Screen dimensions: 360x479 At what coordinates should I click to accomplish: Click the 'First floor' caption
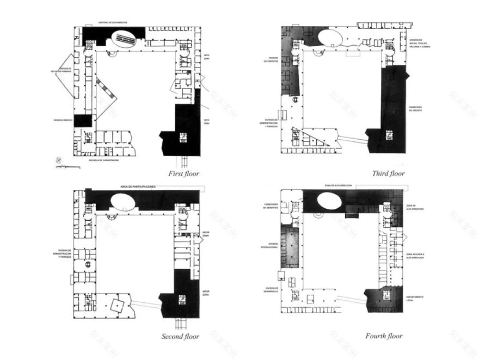(x=183, y=173)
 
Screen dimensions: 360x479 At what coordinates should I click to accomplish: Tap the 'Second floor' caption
(x=180, y=337)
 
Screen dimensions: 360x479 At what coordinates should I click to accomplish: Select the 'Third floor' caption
(x=388, y=173)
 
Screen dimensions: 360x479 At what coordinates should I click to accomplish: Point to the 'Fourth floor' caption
(x=384, y=336)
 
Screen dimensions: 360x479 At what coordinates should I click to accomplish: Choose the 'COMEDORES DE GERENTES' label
(x=272, y=206)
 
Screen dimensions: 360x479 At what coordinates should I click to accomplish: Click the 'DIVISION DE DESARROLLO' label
(x=272, y=289)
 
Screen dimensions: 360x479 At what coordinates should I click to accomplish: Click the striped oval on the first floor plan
(x=124, y=39)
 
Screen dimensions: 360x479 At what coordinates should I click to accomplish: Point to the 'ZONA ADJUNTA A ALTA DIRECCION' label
(x=415, y=256)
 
